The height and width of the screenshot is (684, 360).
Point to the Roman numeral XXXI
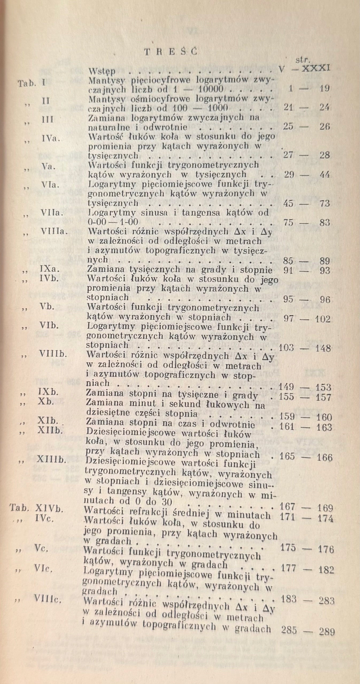tap(316, 68)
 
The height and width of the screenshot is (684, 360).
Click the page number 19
tap(324, 89)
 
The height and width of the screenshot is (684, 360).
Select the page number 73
tap(324, 204)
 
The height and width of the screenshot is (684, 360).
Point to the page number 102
tap(323, 319)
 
